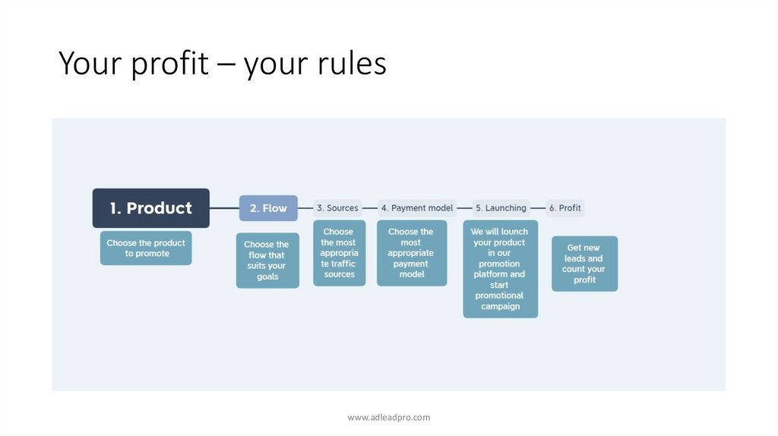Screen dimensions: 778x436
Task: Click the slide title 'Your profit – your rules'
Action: click(222, 64)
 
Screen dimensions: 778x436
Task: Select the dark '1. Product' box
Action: click(150, 208)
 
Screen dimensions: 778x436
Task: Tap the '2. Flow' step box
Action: click(268, 208)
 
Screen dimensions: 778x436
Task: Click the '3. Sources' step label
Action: click(337, 208)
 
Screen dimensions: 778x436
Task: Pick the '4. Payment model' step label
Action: click(417, 208)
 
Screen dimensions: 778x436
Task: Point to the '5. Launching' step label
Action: click(501, 208)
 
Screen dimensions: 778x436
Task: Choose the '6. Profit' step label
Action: click(565, 208)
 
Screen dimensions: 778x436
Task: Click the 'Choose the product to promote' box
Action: click(146, 248)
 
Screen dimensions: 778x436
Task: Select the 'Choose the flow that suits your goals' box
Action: click(267, 261)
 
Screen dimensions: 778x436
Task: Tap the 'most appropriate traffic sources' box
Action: click(339, 253)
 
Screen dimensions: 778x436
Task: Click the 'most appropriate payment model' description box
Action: click(411, 253)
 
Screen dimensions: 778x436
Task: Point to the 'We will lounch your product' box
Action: click(500, 269)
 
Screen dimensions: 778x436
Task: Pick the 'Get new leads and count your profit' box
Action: click(584, 264)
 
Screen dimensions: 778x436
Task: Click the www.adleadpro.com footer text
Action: click(388, 417)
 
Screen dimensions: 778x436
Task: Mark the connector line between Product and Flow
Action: click(224, 208)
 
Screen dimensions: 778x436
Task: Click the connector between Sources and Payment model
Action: click(370, 208)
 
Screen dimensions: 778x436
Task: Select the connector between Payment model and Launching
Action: click(464, 208)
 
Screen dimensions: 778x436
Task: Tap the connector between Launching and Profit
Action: click(538, 208)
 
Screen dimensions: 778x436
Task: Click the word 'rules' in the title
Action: click(350, 64)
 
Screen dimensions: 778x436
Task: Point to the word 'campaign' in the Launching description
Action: click(500, 307)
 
